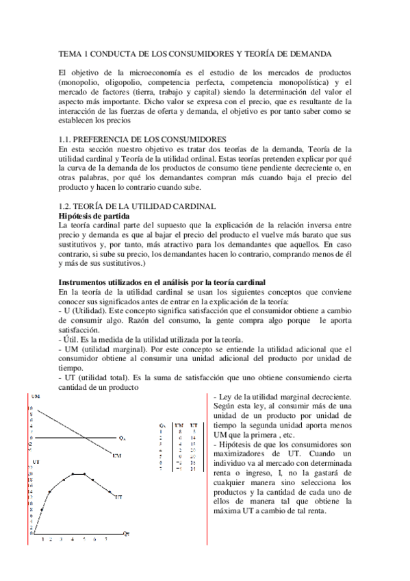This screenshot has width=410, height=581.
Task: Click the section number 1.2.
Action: tap(65, 206)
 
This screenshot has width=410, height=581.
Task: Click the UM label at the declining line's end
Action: tap(118, 456)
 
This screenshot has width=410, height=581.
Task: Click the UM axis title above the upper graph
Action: tap(35, 397)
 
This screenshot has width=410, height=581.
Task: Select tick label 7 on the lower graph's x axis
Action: tap(105, 539)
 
